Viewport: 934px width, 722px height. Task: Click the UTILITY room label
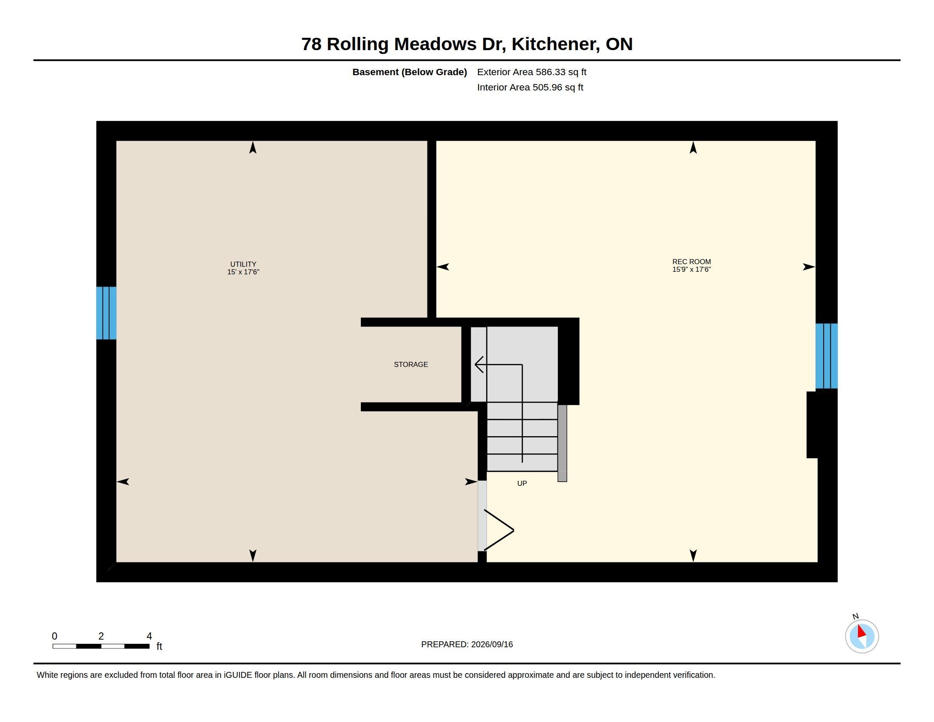(243, 264)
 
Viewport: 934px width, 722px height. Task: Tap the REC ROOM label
(692, 262)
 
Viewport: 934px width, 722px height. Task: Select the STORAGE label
(411, 364)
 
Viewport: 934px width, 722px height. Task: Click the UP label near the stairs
(522, 483)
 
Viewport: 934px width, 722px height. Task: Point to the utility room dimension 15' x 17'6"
(243, 272)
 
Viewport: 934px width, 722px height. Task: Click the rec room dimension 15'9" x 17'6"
(692, 269)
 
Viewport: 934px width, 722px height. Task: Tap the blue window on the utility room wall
(106, 313)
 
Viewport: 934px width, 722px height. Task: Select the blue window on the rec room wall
(826, 356)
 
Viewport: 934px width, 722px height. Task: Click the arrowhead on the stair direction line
(479, 364)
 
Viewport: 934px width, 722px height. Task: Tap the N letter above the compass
(855, 616)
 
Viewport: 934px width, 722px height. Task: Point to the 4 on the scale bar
(149, 636)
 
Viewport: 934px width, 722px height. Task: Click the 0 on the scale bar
(54, 636)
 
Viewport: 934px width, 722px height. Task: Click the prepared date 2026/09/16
(492, 644)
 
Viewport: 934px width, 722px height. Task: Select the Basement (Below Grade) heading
(409, 72)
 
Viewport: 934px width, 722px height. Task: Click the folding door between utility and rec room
(499, 530)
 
